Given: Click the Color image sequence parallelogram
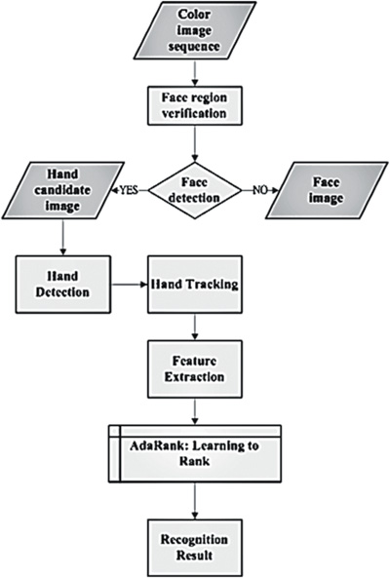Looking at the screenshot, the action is [x=195, y=30].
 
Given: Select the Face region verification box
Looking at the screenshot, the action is [x=195, y=106].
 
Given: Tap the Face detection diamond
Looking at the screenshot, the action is [x=195, y=190].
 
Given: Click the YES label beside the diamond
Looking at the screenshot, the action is [x=127, y=190].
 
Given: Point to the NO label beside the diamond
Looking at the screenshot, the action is [x=259, y=190].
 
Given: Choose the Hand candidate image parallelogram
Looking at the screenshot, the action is [x=62, y=190].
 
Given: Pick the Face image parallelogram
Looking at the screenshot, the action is [x=327, y=190].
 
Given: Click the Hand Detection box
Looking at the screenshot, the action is [x=63, y=285].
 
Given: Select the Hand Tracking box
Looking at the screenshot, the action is [x=195, y=285].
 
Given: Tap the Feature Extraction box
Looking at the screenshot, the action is [x=195, y=369].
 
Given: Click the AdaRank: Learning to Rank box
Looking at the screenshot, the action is [x=195, y=453].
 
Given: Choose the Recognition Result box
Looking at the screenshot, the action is [x=195, y=548].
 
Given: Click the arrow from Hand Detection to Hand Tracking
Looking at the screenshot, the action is [x=129, y=285].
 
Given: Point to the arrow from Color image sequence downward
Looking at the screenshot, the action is [x=195, y=73].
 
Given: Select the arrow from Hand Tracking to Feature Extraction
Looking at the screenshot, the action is [x=195, y=327].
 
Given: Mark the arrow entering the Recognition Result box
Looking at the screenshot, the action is [x=195, y=501].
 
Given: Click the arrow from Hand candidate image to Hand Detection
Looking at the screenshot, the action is [x=63, y=237].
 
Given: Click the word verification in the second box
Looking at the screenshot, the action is [x=194, y=113].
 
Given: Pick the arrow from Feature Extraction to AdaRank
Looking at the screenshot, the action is [x=195, y=411].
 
